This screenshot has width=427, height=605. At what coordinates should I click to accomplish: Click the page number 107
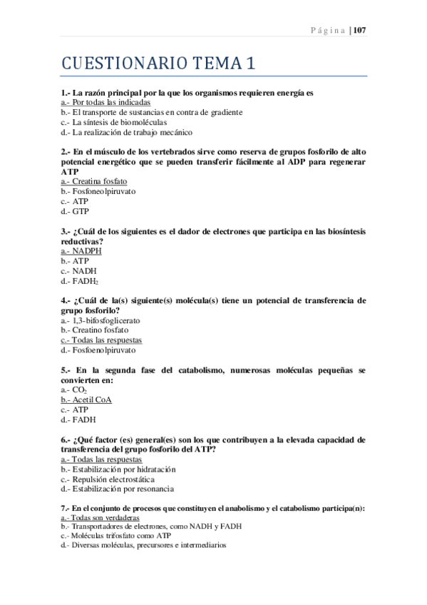pyautogui.click(x=359, y=30)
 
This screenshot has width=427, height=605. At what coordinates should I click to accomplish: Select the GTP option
pyautogui.click(x=75, y=211)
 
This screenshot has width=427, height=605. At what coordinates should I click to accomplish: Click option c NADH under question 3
pyautogui.click(x=78, y=271)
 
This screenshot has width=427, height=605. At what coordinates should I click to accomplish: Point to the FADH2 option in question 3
pyautogui.click(x=79, y=281)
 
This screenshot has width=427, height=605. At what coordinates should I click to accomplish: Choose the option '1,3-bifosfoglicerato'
pyautogui.click(x=101, y=321)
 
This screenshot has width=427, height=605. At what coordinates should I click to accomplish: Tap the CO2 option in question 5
pyautogui.click(x=73, y=390)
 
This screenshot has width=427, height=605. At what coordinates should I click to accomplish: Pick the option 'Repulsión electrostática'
pyautogui.click(x=108, y=479)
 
